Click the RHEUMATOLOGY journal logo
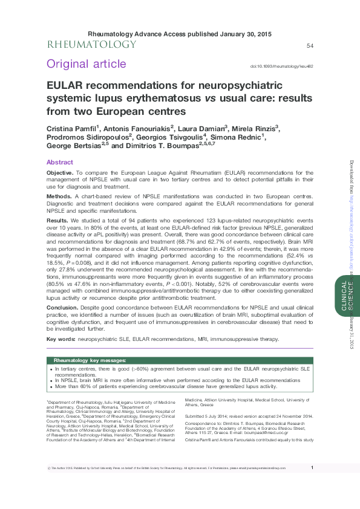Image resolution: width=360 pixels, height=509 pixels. [92, 45]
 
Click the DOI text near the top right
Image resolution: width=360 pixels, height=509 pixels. [281, 66]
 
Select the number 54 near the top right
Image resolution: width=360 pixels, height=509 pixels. [310, 46]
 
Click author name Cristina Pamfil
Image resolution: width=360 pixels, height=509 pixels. [73, 128]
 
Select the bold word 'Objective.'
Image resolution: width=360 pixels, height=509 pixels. [60, 173]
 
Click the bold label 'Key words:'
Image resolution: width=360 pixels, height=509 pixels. [61, 339]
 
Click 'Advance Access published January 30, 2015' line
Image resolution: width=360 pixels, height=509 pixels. [180, 34]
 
